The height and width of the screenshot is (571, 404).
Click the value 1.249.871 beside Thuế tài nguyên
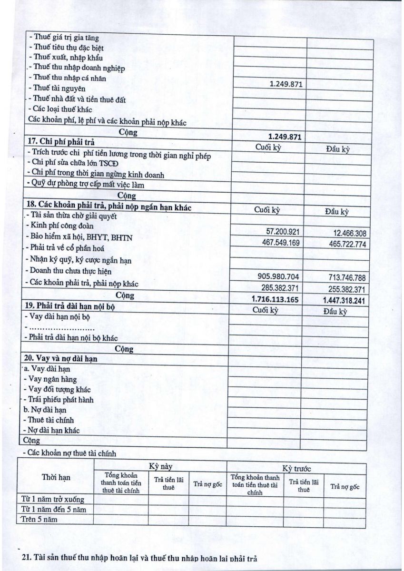(x=286, y=84)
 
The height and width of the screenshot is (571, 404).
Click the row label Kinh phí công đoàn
(x=62, y=226)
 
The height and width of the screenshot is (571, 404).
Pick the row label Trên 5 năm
(x=40, y=519)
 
